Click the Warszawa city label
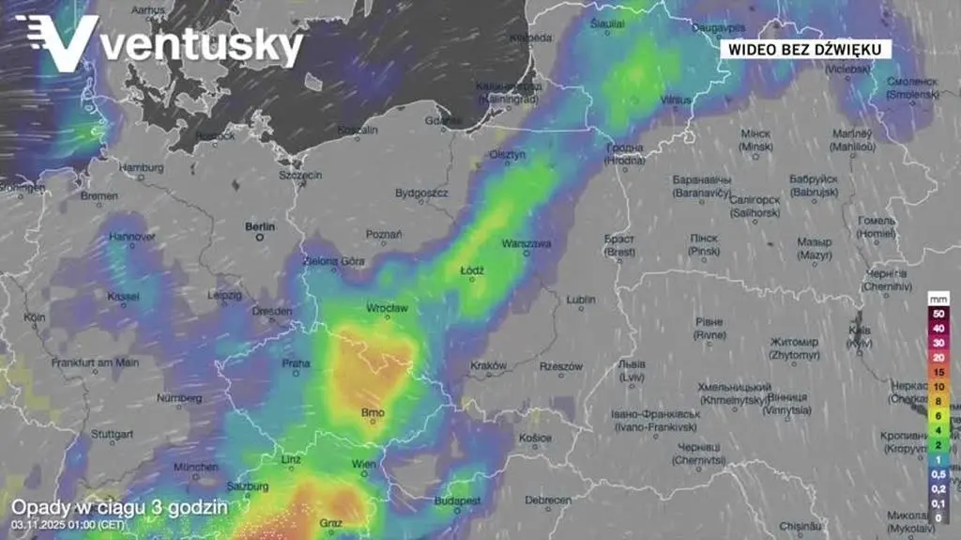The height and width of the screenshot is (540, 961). (x=526, y=243)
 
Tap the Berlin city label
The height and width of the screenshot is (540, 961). (x=259, y=226)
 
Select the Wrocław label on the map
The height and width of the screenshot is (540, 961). (x=387, y=308)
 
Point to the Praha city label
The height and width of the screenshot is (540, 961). (x=297, y=363)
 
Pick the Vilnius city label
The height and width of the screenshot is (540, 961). (x=675, y=99)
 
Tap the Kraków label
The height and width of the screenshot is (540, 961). (x=489, y=365)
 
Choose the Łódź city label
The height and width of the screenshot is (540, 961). (x=472, y=270)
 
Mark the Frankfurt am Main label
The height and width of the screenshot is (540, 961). (x=95, y=363)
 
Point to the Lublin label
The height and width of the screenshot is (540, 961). (x=581, y=300)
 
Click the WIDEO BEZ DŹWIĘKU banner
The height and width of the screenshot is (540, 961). (x=805, y=50)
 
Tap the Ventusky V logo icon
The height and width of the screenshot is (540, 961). (x=58, y=42)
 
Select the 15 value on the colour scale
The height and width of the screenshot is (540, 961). (x=938, y=371)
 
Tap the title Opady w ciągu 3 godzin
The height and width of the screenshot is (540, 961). (x=119, y=507)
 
